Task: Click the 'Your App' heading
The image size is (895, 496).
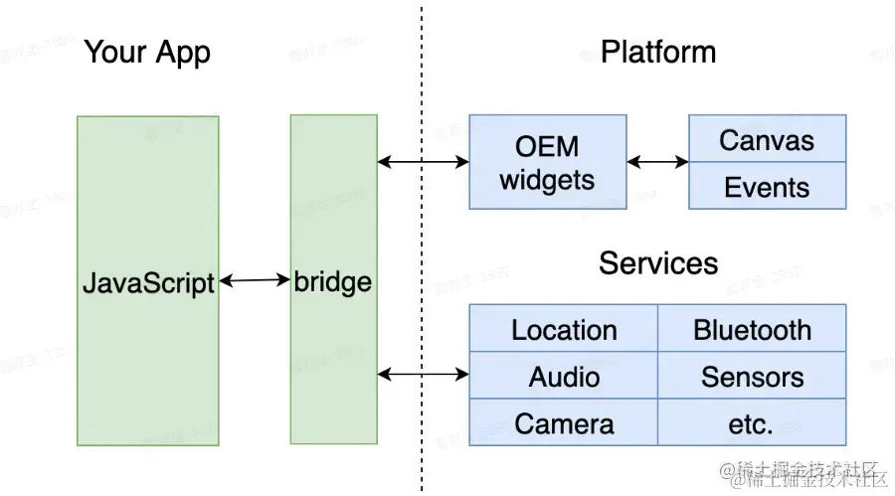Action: [x=147, y=52]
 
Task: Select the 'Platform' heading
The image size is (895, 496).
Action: [x=657, y=52]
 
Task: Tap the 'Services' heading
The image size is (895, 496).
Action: [x=657, y=263]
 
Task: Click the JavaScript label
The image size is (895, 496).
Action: [x=148, y=283]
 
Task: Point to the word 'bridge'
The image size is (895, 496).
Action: [x=333, y=282]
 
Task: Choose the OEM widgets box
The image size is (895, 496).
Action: [x=547, y=162]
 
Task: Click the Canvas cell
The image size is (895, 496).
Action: [x=767, y=140]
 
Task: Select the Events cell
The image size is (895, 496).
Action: [x=767, y=187]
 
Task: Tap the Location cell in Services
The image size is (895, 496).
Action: [x=564, y=330]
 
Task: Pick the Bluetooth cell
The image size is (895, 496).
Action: [x=752, y=330]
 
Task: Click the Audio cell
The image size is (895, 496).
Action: [x=564, y=377]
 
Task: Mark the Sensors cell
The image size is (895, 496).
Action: [x=752, y=377]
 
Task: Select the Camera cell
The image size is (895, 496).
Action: [x=564, y=424]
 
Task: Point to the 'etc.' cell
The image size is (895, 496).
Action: [x=752, y=424]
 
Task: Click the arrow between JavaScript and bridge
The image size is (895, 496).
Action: [x=255, y=281]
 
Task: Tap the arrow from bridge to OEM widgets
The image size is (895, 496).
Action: [x=423, y=161]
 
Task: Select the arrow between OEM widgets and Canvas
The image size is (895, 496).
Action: [x=657, y=161]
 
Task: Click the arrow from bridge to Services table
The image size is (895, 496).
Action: [x=423, y=374]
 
